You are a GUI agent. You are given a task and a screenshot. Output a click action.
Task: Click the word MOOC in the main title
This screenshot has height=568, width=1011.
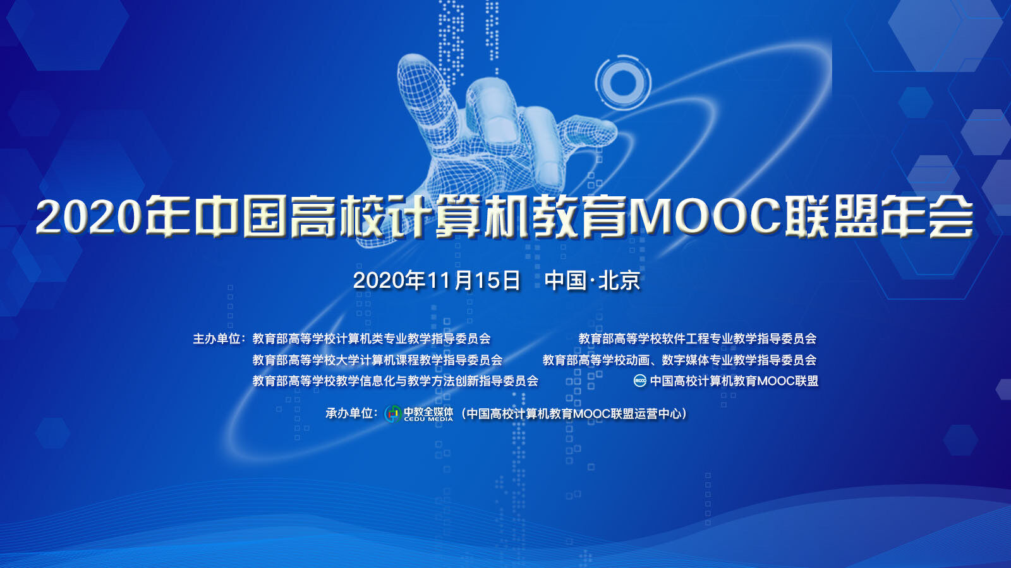coord(705,216)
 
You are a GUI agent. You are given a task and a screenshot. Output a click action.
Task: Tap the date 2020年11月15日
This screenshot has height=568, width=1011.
coord(437,280)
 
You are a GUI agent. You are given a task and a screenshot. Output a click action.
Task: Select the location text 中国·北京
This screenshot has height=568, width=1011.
coord(593,280)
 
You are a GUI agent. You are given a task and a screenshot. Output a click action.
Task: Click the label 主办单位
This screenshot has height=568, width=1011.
coord(217,338)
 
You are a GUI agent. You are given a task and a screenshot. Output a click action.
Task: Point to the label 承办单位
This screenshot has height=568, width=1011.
coord(349,413)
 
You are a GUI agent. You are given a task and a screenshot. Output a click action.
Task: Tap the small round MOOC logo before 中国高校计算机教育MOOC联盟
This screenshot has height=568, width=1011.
coord(640,381)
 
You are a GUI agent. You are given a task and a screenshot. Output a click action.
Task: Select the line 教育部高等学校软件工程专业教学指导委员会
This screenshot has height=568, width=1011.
coord(698,338)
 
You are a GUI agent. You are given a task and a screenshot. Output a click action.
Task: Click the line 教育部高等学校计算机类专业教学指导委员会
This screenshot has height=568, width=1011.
coord(372,338)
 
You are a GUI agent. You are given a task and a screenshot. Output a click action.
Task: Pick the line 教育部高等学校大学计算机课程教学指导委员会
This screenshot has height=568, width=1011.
coord(377,360)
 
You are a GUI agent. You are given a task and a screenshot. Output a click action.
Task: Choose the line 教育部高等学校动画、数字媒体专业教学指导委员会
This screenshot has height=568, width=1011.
coord(679,360)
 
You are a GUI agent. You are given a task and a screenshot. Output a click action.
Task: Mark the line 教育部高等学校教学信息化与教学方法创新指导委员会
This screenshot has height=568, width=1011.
coord(396,381)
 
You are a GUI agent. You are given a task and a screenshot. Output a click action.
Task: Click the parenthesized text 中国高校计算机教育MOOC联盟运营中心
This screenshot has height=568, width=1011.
coord(574,413)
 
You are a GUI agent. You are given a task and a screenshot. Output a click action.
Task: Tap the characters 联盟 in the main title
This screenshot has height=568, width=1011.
coord(830,216)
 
